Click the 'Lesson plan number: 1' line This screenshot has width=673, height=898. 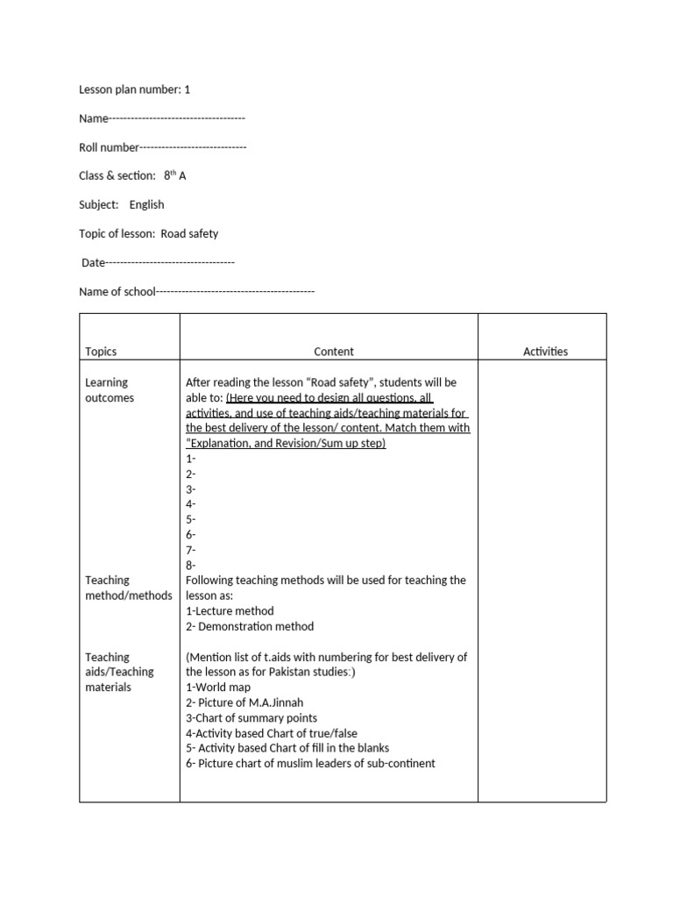coord(134,89)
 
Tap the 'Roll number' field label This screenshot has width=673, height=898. coord(109,147)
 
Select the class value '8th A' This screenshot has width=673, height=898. coord(174,175)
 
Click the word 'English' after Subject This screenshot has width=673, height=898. coord(146,204)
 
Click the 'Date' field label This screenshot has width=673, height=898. coord(93,262)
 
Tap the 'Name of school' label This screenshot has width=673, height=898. coord(117,291)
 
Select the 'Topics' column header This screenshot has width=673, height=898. coord(101,352)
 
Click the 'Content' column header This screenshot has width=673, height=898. coord(334,352)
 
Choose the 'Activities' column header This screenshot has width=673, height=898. coord(545,352)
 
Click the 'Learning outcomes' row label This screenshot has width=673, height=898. coord(109,390)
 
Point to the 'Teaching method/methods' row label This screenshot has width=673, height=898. coord(128,588)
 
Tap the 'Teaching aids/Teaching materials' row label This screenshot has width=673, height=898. coord(119,672)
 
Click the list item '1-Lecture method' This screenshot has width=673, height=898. coord(230,610)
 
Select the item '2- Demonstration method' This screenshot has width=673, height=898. coord(250,626)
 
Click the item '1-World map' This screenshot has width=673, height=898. coord(218,688)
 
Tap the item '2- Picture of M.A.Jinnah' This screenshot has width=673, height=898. coord(244,702)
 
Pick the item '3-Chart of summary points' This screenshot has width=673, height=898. coord(251,717)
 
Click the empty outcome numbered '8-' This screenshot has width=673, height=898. coord(191,565)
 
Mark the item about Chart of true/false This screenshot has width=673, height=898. coord(272,733)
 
